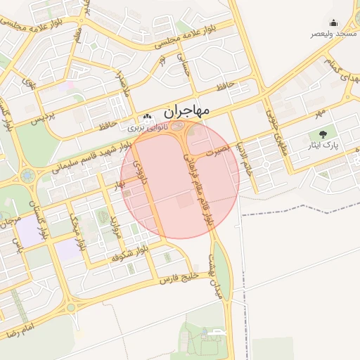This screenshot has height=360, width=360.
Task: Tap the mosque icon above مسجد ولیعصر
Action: [333, 22]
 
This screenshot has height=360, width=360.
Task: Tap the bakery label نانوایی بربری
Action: [146, 129]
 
